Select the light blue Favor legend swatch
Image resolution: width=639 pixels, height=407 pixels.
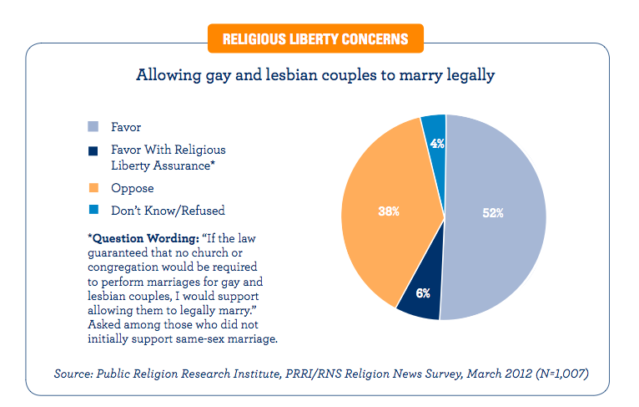click(x=94, y=127)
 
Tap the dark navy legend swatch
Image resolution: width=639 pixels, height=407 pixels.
click(x=94, y=150)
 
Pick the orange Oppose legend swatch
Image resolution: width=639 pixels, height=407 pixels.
click(x=94, y=188)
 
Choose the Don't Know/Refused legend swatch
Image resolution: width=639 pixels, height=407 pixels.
click(x=94, y=210)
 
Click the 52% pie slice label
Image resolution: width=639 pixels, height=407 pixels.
click(x=492, y=213)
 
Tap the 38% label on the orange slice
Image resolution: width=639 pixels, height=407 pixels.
click(x=389, y=212)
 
